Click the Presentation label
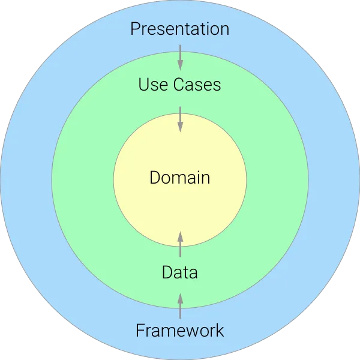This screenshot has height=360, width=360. point(180,29)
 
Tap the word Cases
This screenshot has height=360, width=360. point(197,84)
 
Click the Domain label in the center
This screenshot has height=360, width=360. point(180,178)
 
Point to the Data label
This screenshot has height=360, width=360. point(180,272)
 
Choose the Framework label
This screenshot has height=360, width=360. point(180,330)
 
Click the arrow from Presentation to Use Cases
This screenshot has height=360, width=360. point(180,58)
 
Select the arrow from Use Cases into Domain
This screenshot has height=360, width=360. point(180,119)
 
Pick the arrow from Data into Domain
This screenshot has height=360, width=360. point(180,244)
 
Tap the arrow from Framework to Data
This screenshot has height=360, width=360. point(180,306)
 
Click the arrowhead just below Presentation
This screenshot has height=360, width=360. point(180,65)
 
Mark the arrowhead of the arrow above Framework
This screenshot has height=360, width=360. point(180,298)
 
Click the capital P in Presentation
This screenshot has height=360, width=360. point(135,29)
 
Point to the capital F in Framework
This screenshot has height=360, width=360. point(140,330)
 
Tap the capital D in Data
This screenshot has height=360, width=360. point(167,272)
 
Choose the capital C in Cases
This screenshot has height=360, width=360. point(179,84)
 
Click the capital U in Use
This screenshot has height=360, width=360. point(143,84)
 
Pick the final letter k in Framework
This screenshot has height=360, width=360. point(220,330)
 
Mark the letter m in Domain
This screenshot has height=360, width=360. point(181,179)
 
